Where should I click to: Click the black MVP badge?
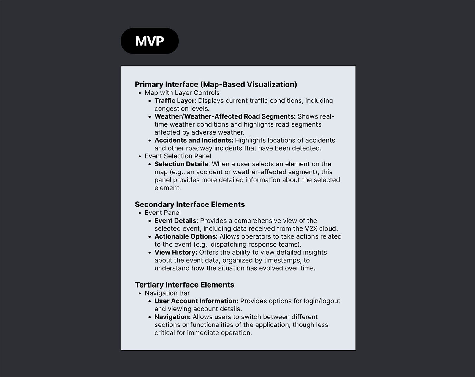pos(150,41)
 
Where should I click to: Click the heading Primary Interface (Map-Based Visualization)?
pos(216,84)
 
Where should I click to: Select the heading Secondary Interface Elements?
pos(190,204)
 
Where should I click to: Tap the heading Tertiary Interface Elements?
pos(184,285)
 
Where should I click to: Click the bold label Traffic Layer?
pos(175,101)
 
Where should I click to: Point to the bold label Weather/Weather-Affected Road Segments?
pos(225,116)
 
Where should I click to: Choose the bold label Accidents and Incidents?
pos(194,140)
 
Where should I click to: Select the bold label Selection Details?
pos(181,164)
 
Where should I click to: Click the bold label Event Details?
pos(176,221)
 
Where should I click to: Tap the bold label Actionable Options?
pos(186,236)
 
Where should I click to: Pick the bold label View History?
pos(176,253)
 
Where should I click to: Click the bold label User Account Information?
pos(196,301)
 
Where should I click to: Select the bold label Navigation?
pos(172,317)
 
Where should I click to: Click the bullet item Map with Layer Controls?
pos(182,93)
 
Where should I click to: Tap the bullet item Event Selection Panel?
pos(178,156)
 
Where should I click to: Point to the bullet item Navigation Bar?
pos(167,293)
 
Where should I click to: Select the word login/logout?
pos(322,301)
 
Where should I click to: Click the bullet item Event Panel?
pos(163,213)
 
